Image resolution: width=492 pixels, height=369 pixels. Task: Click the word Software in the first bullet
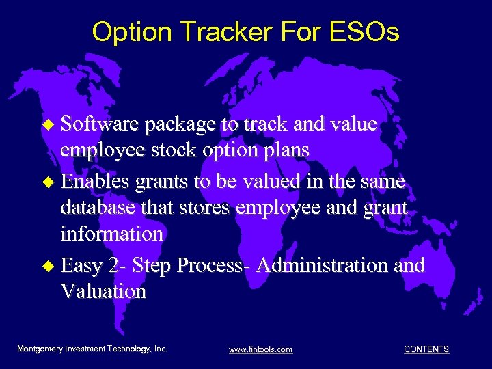(99, 124)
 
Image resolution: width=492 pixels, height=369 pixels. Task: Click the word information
(111, 234)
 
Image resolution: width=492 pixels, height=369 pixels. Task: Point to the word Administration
(333, 264)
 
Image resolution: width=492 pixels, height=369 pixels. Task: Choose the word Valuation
(103, 291)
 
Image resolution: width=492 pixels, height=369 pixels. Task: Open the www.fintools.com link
(260, 349)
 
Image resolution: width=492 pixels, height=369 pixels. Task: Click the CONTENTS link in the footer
(426, 349)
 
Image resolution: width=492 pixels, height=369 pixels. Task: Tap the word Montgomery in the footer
(40, 348)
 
